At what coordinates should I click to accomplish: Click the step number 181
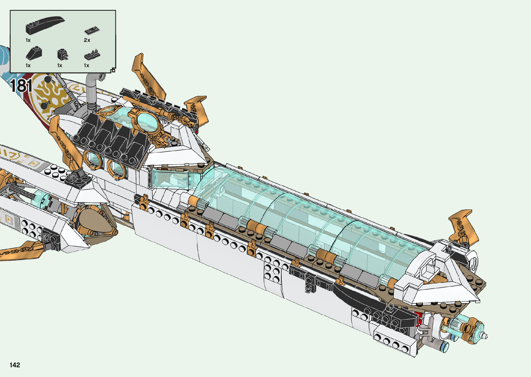(22, 86)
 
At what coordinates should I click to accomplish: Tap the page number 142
(15, 365)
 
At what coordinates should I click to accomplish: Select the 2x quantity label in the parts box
(87, 40)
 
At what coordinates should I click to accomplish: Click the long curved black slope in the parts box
(45, 25)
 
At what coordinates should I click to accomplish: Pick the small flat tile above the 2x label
(92, 30)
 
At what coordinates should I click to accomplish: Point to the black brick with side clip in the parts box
(63, 55)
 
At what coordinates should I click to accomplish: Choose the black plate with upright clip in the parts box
(92, 55)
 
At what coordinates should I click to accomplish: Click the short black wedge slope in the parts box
(34, 53)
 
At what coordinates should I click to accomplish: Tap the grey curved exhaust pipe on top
(93, 90)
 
